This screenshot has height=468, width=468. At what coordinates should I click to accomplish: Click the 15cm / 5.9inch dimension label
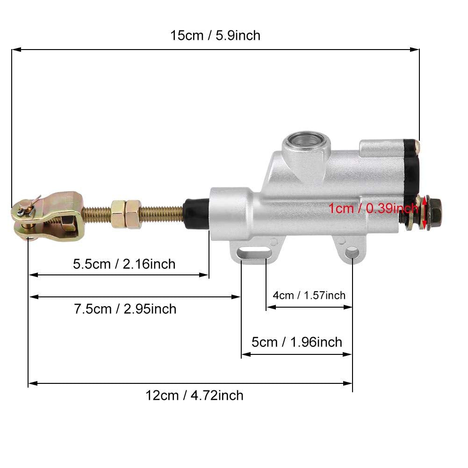215,35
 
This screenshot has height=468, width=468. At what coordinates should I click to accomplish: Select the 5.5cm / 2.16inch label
124,264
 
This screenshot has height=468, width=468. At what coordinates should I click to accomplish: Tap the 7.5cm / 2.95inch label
125,309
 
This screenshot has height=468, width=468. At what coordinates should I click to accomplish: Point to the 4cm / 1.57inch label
309,295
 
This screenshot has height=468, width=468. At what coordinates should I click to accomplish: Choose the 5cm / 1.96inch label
297,342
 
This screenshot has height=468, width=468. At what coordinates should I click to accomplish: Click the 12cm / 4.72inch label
194,396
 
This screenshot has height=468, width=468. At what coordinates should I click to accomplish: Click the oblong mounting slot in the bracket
255,253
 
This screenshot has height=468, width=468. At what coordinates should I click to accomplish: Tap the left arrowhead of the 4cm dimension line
269,307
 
